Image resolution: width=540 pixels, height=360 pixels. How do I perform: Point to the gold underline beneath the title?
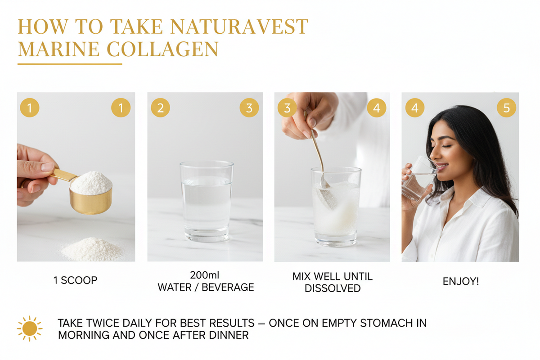[70, 64]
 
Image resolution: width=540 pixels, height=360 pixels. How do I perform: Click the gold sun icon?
[29, 329]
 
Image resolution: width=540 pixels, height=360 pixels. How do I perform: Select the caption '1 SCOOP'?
[75, 280]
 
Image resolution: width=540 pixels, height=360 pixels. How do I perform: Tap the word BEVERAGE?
[229, 288]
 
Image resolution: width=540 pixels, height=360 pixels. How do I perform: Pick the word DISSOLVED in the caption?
[333, 288]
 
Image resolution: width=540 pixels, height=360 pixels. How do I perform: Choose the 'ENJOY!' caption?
[461, 282]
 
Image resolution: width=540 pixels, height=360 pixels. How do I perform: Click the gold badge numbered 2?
[161, 108]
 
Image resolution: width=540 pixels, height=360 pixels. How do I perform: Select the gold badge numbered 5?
[506, 108]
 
